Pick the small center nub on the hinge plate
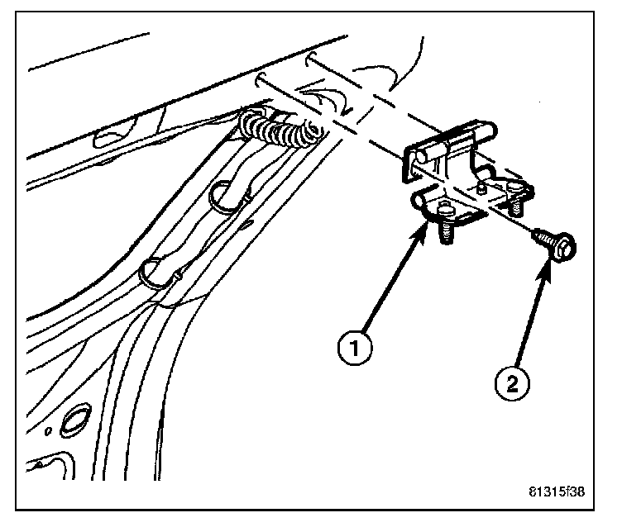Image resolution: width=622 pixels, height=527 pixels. (x=482, y=188)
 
